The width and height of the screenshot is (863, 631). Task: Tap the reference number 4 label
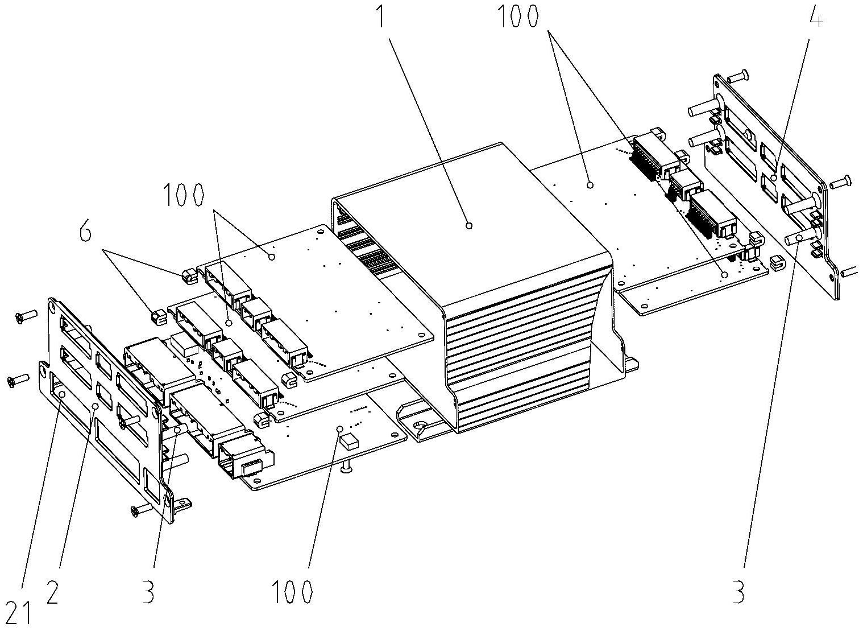pos(814,19)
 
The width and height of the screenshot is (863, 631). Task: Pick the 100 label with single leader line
pos(293,592)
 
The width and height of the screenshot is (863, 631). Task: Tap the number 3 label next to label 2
pos(147,593)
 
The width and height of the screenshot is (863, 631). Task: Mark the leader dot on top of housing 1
pos(469,226)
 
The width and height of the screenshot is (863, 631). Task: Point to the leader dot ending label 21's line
pos(61,394)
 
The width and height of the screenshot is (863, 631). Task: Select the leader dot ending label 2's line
pos(96,406)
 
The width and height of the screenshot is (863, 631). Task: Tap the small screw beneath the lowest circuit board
pos(346,468)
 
